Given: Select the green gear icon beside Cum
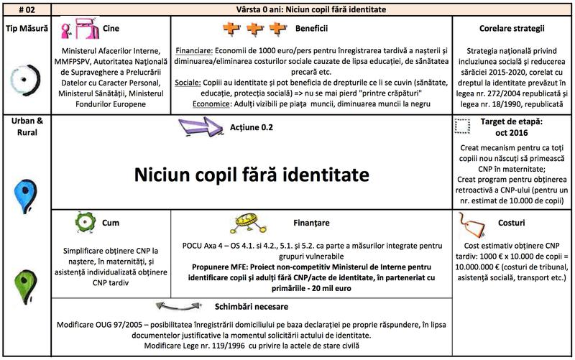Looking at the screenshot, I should [x=84, y=223].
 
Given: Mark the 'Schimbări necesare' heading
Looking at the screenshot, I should [x=254, y=306].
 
